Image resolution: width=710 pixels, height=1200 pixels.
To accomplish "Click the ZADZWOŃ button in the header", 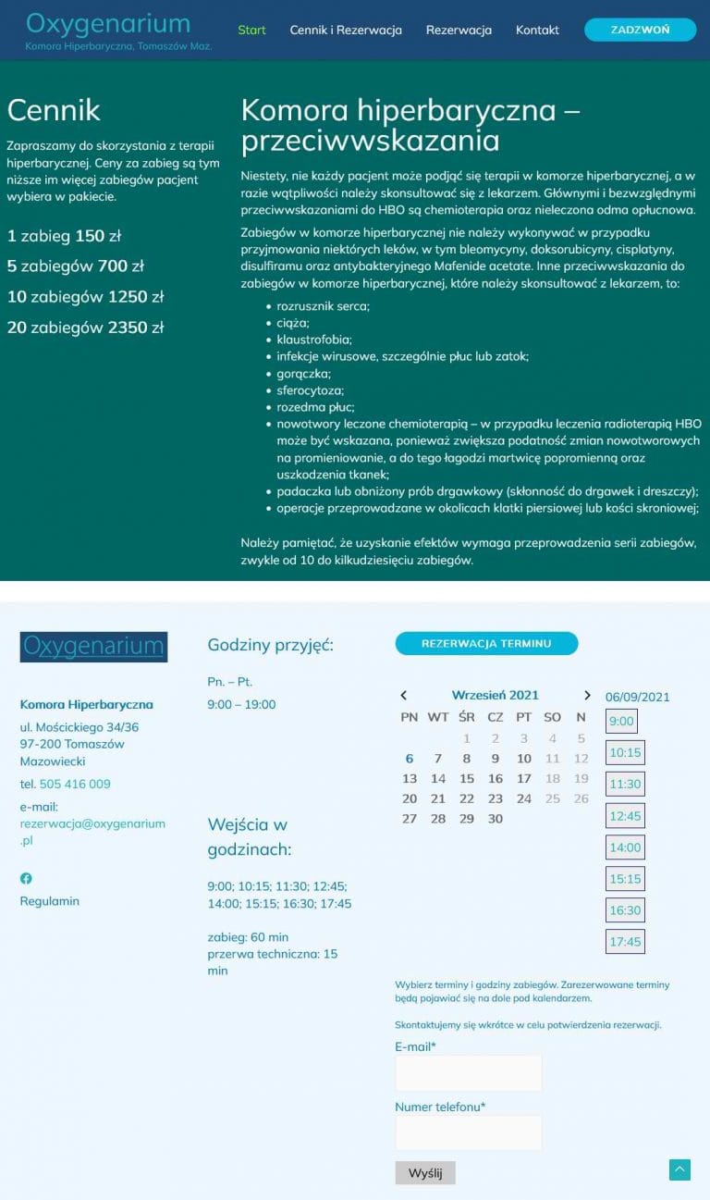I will point(640,30).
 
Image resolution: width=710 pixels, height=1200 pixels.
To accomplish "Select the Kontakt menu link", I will point(537,30).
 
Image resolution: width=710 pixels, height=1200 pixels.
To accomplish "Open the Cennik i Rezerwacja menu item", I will point(346,30).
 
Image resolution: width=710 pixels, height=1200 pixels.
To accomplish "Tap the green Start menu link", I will point(251,30).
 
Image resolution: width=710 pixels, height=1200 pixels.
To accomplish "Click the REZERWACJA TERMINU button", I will point(486,643).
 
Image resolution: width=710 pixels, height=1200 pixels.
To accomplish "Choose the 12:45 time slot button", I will point(625,816).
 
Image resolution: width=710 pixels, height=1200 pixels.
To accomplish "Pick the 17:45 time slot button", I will point(625,942).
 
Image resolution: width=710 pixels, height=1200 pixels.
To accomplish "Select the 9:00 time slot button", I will point(621,722).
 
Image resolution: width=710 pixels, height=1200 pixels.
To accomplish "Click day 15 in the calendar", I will point(467,778).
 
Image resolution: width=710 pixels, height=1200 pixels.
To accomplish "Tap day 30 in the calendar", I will point(496,818).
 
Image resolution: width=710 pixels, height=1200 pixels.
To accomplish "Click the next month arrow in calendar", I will point(587,695).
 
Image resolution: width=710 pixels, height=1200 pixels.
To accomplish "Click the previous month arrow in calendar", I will point(403,695).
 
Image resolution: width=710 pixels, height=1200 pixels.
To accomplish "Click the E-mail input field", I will point(468,1073).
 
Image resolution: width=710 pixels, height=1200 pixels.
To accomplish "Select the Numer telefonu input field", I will point(468,1132).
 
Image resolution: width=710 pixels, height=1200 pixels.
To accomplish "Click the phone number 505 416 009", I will point(75,784).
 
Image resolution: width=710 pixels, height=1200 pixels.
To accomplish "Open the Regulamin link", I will point(50,900).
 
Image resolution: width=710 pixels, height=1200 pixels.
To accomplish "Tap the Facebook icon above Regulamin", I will point(26,878).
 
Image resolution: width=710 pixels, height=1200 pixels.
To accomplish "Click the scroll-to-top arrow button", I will point(679,1169).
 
